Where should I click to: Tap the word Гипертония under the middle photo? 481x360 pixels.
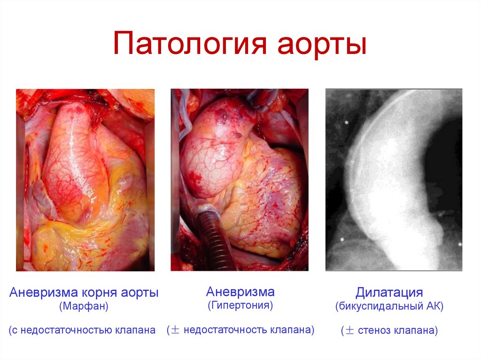pos(240,306)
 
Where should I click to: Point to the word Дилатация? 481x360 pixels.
pos(389,292)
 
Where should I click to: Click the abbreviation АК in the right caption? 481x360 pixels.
pos(433,307)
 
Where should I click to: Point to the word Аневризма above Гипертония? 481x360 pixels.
pos(240,291)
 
